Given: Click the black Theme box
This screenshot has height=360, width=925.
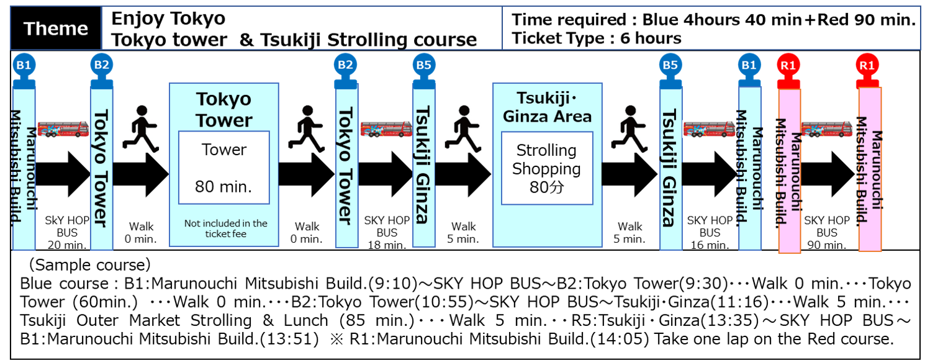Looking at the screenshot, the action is [x=56, y=28].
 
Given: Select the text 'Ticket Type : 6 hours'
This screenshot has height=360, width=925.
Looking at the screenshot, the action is [x=597, y=38].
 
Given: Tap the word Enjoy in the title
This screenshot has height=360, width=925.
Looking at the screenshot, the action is [x=136, y=19].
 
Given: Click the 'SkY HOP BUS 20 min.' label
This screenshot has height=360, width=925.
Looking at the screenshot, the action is [x=67, y=232].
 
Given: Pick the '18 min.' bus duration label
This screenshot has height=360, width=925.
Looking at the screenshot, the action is [x=387, y=245].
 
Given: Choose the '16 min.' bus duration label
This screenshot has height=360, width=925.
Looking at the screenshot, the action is [x=710, y=245].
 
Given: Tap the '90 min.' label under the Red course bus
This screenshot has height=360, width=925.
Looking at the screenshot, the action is [x=827, y=245].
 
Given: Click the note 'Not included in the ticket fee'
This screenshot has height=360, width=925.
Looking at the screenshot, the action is [x=225, y=228].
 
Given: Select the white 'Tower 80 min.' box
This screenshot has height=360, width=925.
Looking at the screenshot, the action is [x=224, y=168].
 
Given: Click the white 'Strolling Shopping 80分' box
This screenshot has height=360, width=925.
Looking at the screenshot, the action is [x=547, y=168].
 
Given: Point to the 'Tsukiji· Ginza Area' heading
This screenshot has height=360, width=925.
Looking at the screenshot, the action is [x=547, y=107].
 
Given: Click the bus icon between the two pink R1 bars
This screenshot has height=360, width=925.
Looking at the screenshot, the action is [x=827, y=129].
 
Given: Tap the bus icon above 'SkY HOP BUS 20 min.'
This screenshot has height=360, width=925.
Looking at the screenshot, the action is [x=63, y=129].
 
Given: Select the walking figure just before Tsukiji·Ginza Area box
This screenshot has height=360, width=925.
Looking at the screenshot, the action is [x=463, y=128].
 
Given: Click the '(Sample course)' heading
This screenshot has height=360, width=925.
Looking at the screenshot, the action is [x=89, y=264].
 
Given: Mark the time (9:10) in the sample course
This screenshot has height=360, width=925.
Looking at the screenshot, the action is [x=393, y=284].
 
